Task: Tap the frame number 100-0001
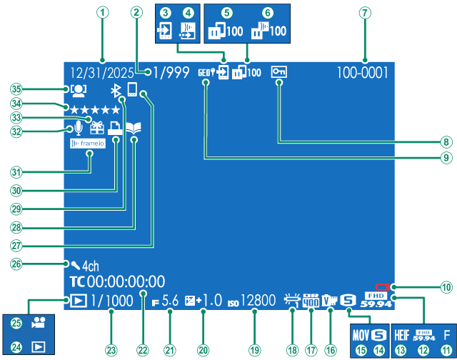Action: (x=363, y=72)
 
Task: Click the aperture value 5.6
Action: (x=170, y=301)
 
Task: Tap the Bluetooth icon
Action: (x=115, y=90)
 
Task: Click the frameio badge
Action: (x=87, y=144)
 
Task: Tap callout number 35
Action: (x=15, y=89)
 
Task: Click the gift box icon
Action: (x=96, y=127)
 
